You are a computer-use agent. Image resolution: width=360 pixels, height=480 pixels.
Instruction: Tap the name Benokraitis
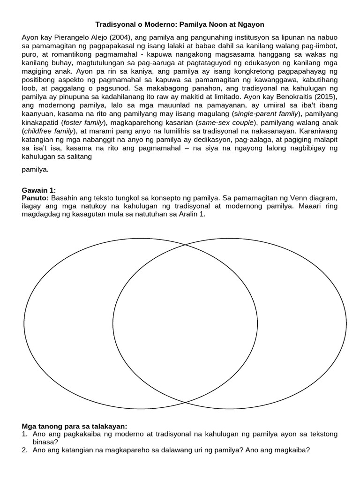pyautogui.click(x=302, y=96)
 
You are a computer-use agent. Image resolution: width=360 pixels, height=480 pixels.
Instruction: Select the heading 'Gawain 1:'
pyautogui.click(x=39, y=190)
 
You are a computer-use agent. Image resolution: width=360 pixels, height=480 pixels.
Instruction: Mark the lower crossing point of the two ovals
pyautogui.click(x=185, y=402)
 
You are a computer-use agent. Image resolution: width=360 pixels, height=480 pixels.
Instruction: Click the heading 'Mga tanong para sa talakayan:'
pyautogui.click(x=75, y=426)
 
